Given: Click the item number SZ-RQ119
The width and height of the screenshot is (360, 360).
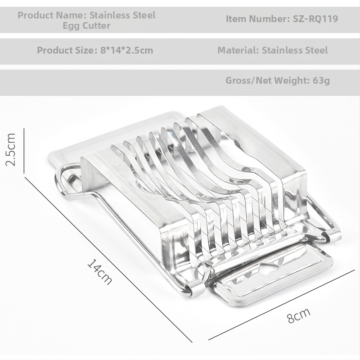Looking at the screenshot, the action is click(315, 19).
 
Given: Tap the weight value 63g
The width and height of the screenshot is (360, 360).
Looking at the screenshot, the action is click(321, 81).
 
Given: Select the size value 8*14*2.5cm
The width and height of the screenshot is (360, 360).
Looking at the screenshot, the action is click(127, 50).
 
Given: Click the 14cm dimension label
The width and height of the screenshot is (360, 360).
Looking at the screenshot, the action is click(99, 272).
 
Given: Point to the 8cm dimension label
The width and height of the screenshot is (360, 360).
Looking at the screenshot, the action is click(299, 315).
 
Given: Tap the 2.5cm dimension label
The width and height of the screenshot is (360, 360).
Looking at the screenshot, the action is click(10, 149).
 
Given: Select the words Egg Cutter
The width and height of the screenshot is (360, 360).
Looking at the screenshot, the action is click(86, 26).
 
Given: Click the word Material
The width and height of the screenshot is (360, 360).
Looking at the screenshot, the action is click(238, 50).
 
